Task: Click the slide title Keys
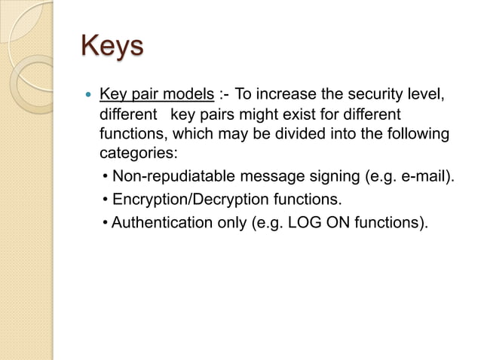[x=112, y=46]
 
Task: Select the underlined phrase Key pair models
[x=156, y=96]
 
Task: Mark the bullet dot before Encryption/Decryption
[x=105, y=201]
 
